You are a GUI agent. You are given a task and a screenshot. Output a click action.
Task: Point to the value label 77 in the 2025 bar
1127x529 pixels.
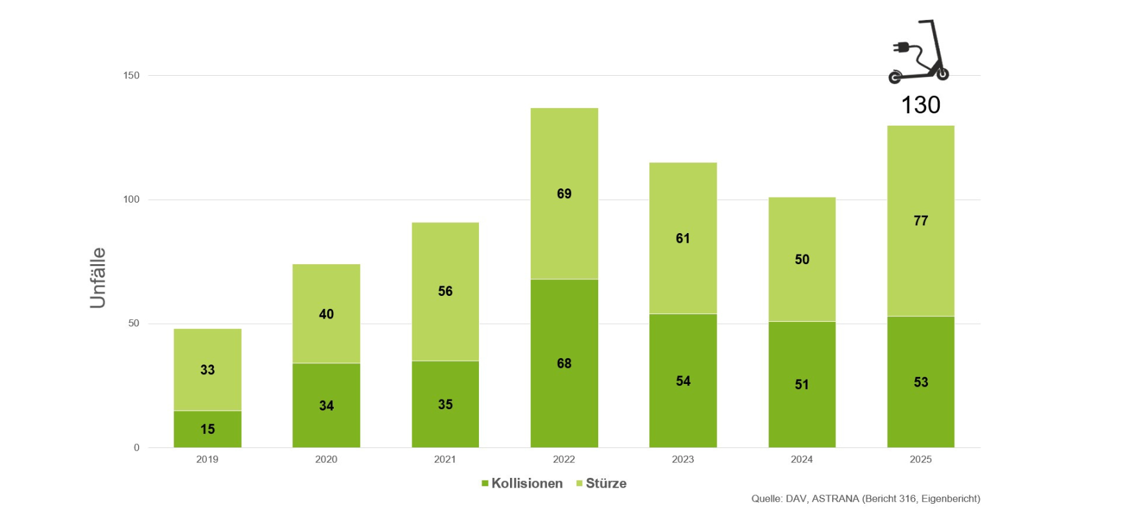click(x=920, y=221)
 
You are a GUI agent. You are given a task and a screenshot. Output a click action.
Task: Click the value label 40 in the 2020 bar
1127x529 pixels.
click(x=326, y=314)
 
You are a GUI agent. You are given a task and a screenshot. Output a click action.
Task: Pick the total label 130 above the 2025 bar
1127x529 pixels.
click(x=920, y=105)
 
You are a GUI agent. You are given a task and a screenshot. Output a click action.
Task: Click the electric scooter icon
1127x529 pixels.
click(x=919, y=52)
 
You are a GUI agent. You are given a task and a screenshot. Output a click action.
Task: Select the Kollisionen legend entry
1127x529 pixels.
click(x=522, y=483)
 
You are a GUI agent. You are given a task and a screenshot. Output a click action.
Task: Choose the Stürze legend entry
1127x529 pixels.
click(x=601, y=483)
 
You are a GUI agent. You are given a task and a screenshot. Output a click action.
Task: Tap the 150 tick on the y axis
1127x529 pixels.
click(x=131, y=75)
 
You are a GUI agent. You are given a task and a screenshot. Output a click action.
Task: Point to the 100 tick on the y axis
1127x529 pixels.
click(x=131, y=199)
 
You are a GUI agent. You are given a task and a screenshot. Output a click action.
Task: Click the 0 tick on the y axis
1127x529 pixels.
click(x=136, y=447)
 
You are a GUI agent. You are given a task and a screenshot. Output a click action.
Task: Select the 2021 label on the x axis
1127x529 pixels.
click(x=445, y=459)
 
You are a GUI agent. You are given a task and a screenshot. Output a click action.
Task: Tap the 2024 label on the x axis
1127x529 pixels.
click(x=802, y=459)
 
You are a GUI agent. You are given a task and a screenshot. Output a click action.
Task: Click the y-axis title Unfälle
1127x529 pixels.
click(x=98, y=277)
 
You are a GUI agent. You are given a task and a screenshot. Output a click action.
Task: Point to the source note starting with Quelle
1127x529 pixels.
click(x=865, y=499)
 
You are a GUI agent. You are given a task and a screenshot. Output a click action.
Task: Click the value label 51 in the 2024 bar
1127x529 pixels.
click(x=802, y=385)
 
